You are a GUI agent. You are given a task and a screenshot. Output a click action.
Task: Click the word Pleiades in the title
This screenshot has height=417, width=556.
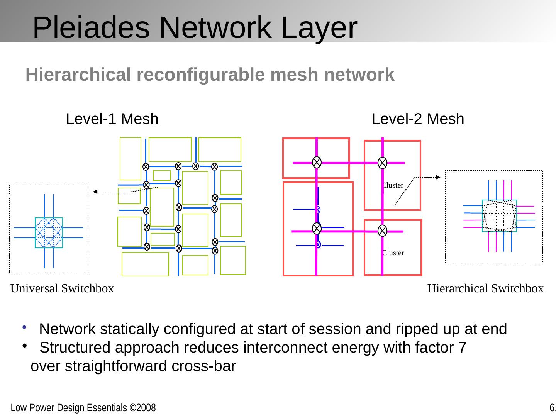(91, 28)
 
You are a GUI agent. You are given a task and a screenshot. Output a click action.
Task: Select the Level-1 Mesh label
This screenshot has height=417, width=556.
(112, 119)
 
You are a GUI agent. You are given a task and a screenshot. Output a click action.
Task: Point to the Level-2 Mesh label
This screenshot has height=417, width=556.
(418, 119)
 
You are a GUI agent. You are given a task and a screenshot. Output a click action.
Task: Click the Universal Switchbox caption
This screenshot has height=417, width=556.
(62, 288)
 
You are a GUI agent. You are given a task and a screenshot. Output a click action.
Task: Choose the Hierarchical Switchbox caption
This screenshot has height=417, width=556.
(485, 288)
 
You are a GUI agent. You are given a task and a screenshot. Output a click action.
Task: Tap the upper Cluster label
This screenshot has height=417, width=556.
(393, 185)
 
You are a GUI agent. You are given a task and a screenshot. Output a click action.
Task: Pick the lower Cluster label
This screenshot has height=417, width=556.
(393, 253)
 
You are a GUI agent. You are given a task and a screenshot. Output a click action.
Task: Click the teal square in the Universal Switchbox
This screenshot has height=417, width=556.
(49, 232)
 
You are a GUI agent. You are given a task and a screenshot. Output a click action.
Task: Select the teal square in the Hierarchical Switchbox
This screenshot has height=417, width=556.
(499, 215)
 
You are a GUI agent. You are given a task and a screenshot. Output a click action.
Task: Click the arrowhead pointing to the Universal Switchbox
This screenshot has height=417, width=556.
(95, 192)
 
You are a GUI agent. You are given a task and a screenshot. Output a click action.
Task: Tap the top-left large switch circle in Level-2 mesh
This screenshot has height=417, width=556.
(317, 163)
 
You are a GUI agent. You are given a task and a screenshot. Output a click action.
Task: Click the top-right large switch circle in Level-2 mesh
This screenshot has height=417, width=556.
(382, 163)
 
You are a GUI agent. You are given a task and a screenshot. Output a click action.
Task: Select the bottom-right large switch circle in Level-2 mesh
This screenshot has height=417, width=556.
(382, 231)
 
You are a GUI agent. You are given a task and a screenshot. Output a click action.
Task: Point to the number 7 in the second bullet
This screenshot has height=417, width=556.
(462, 348)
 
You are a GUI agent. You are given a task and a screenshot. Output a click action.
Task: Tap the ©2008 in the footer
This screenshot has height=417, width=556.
(142, 408)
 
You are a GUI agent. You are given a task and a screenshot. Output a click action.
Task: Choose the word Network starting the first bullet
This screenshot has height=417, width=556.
(67, 329)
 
